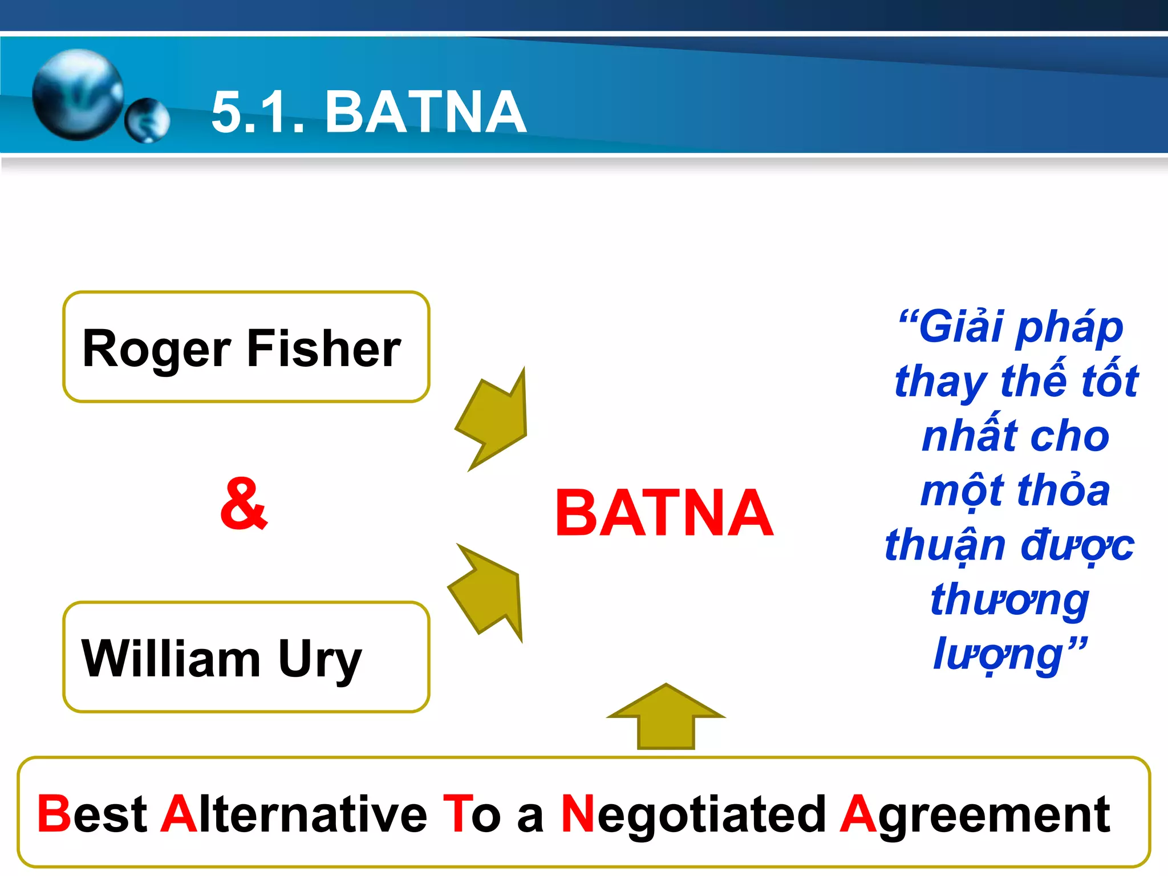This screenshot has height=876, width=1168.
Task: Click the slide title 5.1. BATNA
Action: (368, 112)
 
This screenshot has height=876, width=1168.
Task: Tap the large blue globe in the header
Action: (78, 94)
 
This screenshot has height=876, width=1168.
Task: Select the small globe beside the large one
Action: (147, 120)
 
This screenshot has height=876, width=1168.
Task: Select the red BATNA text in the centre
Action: (664, 513)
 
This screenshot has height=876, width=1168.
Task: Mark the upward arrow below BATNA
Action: (666, 718)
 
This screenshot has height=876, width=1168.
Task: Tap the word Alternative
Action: (293, 814)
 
